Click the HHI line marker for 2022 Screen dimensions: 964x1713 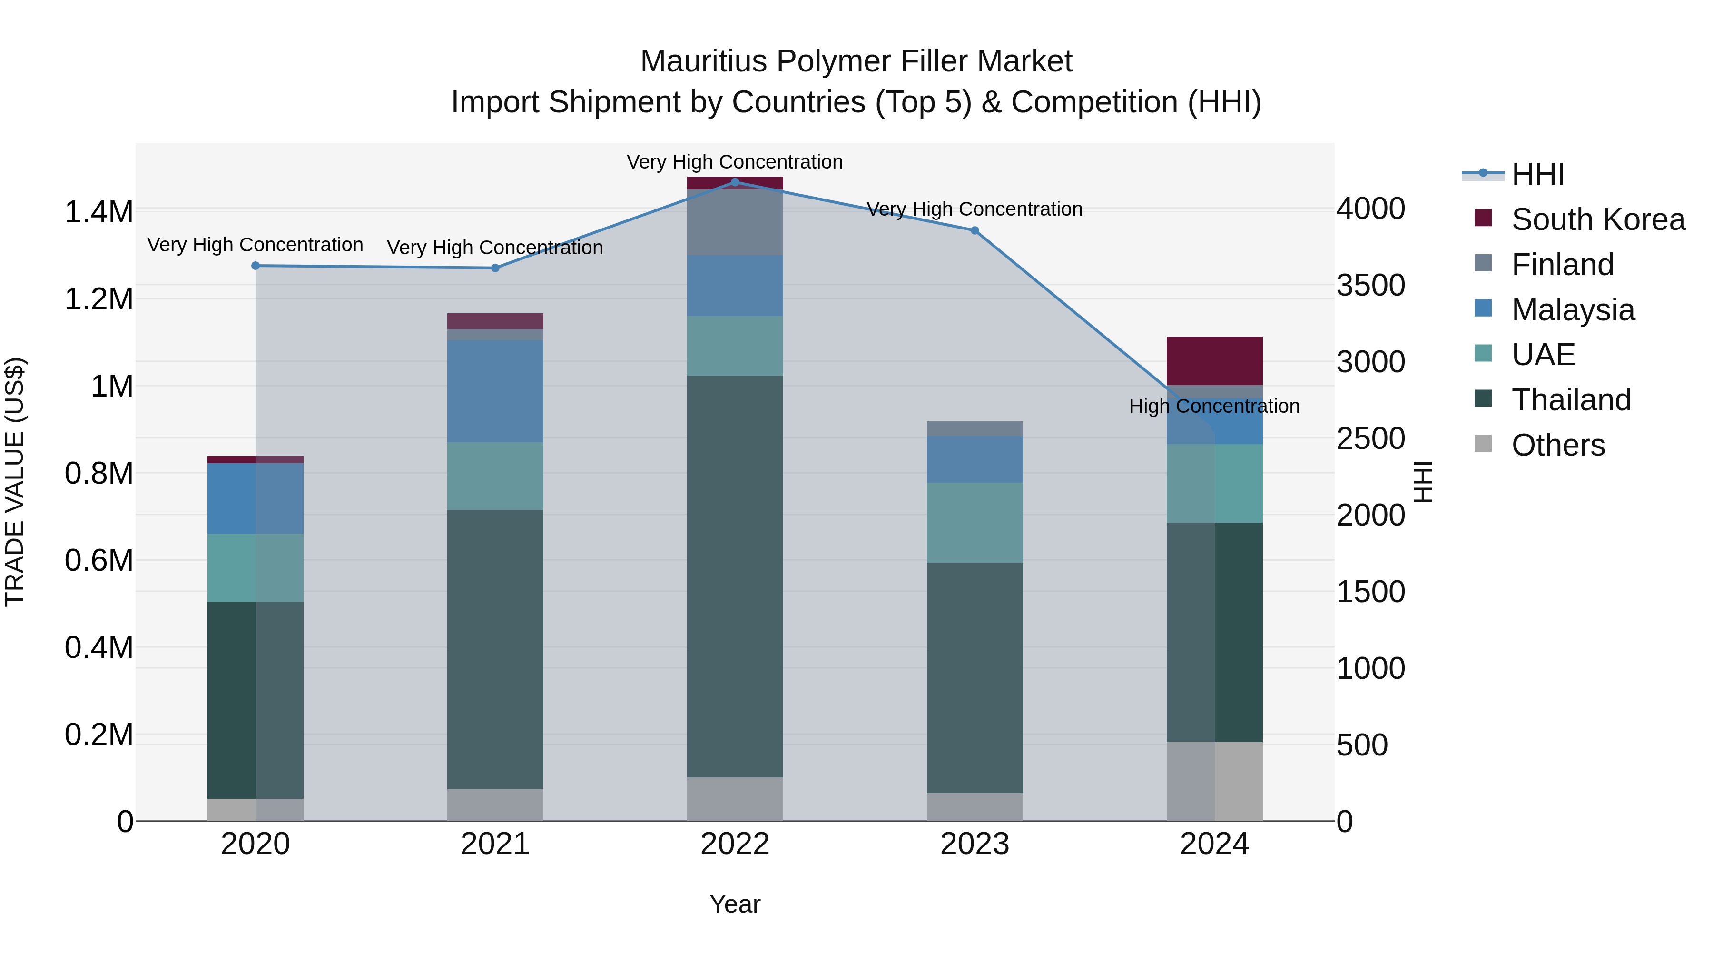tap(735, 182)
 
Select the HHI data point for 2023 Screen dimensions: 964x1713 tap(975, 230)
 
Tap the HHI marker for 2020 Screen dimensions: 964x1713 tap(256, 266)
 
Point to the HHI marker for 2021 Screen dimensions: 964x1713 tap(495, 268)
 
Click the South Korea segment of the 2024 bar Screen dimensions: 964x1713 tap(1214, 360)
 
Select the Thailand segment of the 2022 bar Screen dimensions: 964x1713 tap(735, 576)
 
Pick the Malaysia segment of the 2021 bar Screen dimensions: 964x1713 tap(495, 391)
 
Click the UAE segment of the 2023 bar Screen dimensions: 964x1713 tap(975, 522)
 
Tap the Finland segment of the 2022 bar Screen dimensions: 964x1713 tap(735, 222)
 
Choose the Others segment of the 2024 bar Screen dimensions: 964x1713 tap(1214, 781)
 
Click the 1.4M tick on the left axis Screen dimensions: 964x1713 tap(98, 212)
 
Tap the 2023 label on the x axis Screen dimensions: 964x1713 tap(975, 844)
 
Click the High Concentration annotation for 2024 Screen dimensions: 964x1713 tap(1214, 406)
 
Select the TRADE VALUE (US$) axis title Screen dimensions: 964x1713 tap(15, 482)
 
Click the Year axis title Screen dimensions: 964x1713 tap(735, 904)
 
